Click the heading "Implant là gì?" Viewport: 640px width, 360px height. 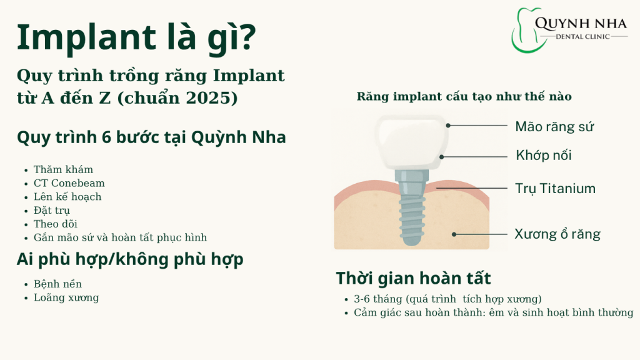[136, 39]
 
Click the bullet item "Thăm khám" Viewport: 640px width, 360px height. [63, 169]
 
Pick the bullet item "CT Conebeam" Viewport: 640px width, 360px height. [69, 183]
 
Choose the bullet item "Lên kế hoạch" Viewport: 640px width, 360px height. [67, 197]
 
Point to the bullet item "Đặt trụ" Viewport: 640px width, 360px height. [52, 210]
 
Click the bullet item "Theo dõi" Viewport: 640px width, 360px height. [56, 224]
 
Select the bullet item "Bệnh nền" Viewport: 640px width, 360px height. [57, 284]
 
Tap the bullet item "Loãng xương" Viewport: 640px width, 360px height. [66, 297]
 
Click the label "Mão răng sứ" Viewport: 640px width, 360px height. [554, 127]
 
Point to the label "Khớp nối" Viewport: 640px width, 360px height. [543, 155]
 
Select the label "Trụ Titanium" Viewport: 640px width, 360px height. [555, 188]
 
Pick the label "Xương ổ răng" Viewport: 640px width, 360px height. [557, 234]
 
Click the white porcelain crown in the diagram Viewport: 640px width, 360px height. [410, 141]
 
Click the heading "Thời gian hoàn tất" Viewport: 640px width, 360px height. [413, 278]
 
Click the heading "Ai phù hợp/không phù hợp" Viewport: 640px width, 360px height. [130, 259]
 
